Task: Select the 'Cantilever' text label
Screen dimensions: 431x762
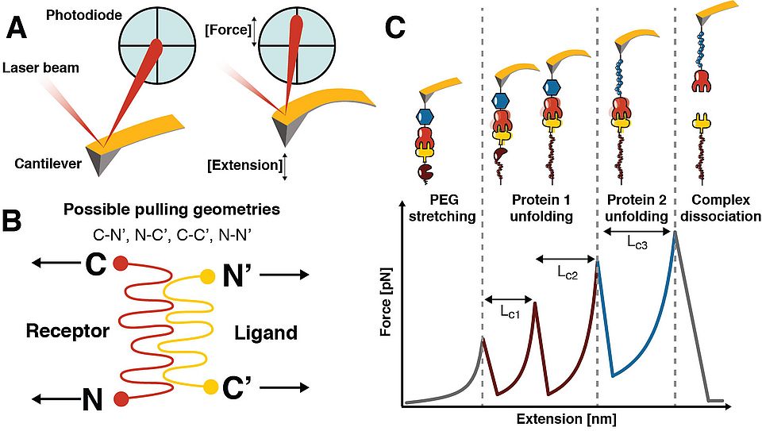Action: (48, 164)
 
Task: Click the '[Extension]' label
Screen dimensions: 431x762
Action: (244, 165)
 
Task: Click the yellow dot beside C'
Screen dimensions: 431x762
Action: (210, 387)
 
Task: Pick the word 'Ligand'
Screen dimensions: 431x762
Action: (266, 333)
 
